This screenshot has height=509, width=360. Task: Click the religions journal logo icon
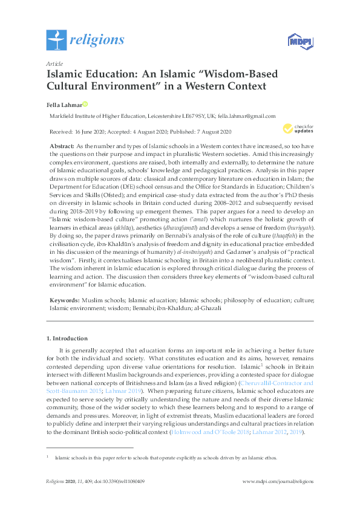(56, 41)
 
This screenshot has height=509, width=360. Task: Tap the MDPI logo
(298, 41)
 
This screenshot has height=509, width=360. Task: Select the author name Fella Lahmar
(63, 103)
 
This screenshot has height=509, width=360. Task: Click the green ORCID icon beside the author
(85, 103)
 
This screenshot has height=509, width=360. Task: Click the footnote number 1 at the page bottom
(47, 456)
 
